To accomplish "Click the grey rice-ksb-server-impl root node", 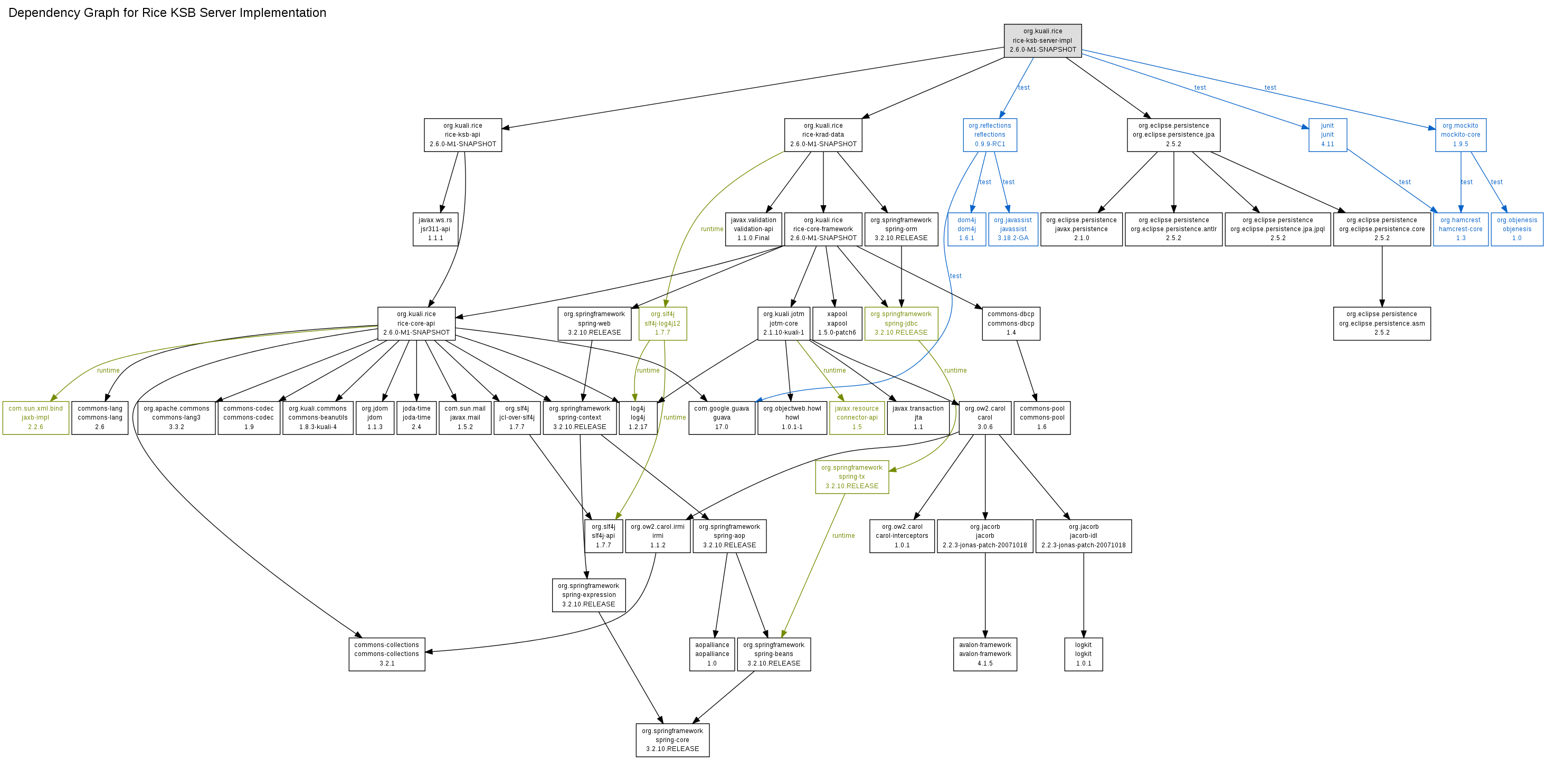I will click(1042, 41).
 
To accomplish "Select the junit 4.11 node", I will click(1327, 135).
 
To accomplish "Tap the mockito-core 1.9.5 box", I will click(1460, 135).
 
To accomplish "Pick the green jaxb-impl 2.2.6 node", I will click(35, 418).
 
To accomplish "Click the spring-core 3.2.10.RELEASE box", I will click(672, 739).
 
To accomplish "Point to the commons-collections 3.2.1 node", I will click(386, 654).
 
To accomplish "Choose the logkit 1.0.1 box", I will click(1083, 654).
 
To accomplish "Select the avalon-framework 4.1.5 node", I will click(985, 654).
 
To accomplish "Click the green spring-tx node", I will click(851, 477).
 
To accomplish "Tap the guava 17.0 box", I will click(722, 418).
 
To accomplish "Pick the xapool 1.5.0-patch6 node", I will click(837, 324).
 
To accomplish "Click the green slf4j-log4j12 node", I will click(662, 324).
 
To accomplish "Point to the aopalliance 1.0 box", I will click(712, 654).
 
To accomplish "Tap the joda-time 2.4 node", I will click(416, 418).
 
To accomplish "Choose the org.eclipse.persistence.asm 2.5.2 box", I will click(1381, 324).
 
